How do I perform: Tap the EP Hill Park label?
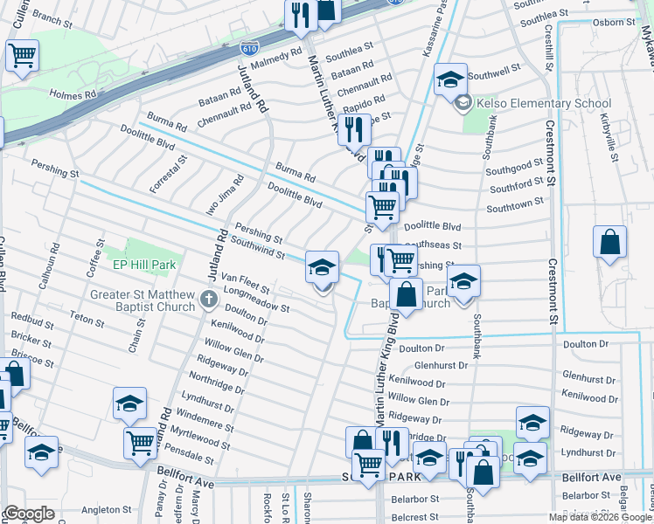(144, 263)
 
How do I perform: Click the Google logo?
(29, 514)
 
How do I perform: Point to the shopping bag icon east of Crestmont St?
(610, 244)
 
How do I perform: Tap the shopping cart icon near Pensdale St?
(141, 445)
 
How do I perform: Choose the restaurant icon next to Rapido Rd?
(354, 130)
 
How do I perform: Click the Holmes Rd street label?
(73, 94)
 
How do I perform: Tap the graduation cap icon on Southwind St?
(322, 267)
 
